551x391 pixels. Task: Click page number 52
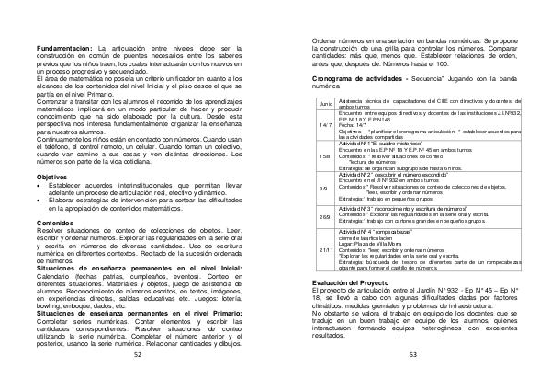[x=137, y=378]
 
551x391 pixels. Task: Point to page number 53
[x=413, y=378]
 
